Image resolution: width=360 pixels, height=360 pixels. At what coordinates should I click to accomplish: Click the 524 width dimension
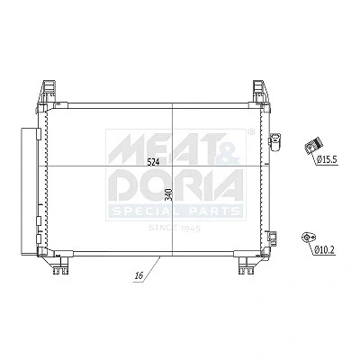point(153,162)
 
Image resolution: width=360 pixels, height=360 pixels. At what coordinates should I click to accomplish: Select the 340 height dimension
point(168,195)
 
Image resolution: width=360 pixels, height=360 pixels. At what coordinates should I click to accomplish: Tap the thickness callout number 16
point(139,275)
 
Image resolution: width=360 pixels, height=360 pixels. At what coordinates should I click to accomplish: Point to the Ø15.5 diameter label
point(327,159)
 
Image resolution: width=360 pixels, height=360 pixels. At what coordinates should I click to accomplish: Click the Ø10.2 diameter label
point(324,248)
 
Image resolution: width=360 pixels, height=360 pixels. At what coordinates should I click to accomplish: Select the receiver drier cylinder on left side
point(28,192)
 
